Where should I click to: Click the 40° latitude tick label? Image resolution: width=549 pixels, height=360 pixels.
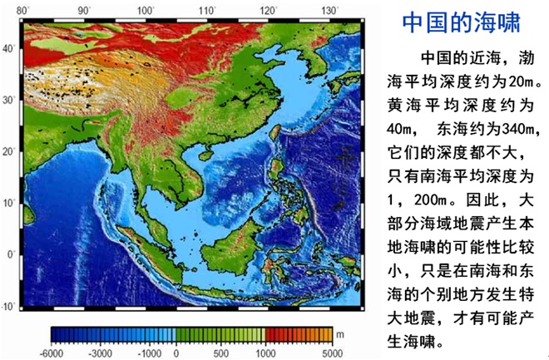pos(9,48)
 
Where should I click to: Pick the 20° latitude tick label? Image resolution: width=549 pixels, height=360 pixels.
pos(9,151)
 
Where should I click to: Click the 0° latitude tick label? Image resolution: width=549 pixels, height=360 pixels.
pos(11,254)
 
